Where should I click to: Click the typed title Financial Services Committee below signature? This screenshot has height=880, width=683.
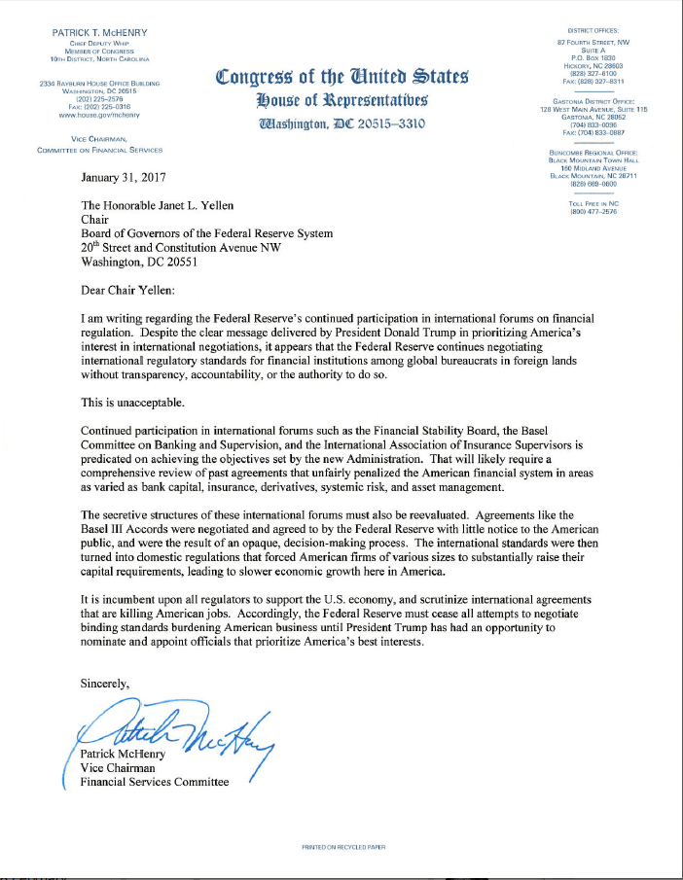click(x=155, y=782)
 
